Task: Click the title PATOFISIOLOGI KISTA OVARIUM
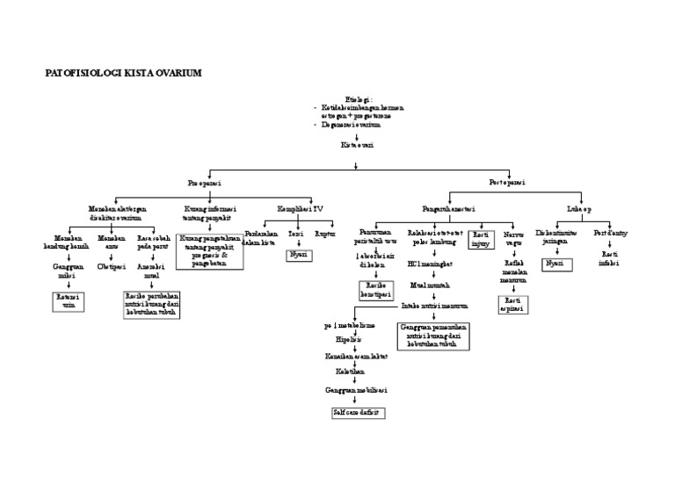123,73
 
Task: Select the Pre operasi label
204,183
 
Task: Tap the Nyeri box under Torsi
297,255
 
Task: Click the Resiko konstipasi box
374,291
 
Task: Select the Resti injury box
481,240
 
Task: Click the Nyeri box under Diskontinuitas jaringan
555,263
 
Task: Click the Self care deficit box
359,411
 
